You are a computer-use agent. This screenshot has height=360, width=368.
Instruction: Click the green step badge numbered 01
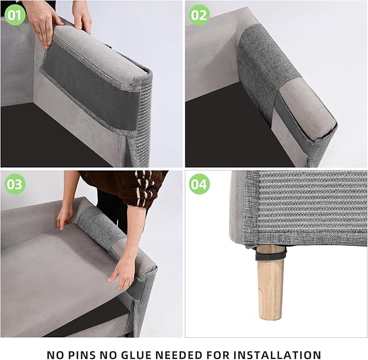[15, 15]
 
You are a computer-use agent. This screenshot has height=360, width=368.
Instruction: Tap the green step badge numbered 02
[199, 15]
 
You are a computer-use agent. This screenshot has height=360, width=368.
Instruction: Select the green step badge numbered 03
[15, 185]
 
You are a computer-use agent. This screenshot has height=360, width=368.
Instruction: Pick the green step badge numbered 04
[199, 185]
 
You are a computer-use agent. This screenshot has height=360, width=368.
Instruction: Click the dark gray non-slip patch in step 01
[87, 87]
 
